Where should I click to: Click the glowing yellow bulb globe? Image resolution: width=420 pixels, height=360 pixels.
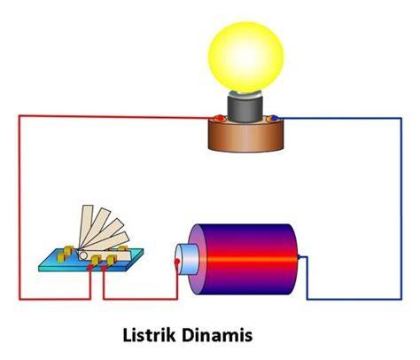[245, 57]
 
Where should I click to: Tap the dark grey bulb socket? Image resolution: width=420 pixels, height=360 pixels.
[245, 109]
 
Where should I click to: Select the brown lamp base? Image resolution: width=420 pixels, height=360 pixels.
[245, 135]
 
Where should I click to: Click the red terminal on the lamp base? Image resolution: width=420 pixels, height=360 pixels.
[219, 118]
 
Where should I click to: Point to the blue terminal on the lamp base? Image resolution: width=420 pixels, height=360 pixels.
[273, 118]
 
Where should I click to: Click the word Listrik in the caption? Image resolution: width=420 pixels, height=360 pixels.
[150, 335]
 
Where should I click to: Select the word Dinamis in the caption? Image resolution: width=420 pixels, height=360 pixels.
[217, 335]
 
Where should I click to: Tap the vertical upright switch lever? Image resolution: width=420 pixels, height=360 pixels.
[86, 227]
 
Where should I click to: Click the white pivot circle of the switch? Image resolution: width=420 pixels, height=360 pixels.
[83, 254]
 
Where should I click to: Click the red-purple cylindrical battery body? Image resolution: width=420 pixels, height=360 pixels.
[245, 259]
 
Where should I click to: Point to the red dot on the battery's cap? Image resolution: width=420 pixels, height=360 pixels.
[177, 262]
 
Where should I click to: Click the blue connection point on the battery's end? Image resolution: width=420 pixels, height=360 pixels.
[299, 257]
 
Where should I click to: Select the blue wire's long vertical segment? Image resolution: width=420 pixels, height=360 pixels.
[401, 208]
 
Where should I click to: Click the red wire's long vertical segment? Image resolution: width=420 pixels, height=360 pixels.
[19, 207]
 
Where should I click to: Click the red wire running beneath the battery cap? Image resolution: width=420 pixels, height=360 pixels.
[141, 299]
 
